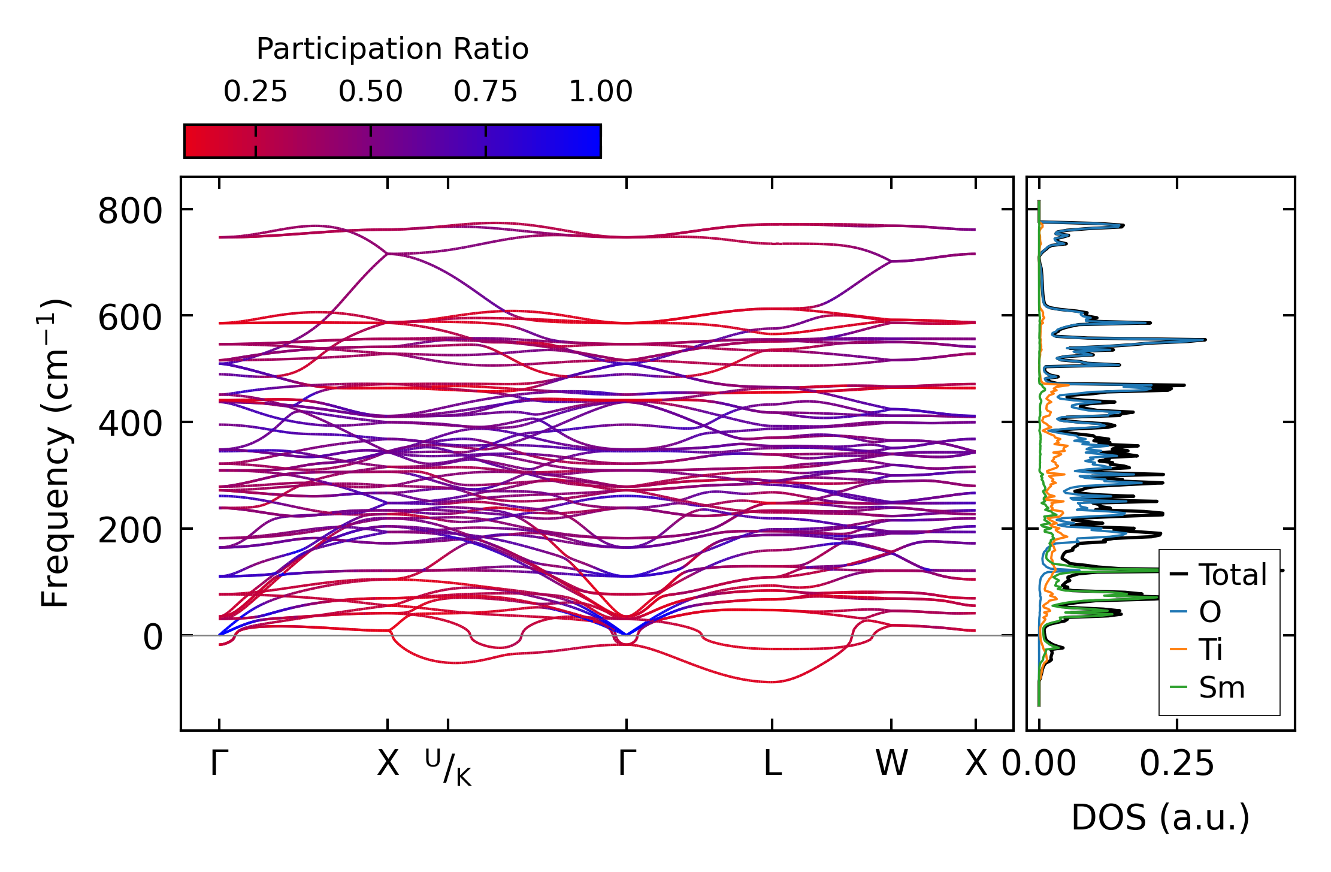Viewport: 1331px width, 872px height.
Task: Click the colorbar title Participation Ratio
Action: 392,49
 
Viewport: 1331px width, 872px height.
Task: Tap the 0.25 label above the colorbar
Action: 255,92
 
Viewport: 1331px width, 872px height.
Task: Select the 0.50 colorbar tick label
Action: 370,92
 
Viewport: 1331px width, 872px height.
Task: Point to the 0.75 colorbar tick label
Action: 485,92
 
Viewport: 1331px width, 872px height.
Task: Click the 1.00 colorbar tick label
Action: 600,92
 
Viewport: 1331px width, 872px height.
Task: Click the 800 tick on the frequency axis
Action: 130,211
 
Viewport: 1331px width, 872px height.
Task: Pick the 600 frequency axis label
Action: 130,318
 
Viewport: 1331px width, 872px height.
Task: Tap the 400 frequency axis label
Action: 130,424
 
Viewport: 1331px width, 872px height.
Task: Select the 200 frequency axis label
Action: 130,530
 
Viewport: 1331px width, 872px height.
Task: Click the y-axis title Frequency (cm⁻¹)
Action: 55,453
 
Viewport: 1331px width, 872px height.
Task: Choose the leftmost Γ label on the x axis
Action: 219,764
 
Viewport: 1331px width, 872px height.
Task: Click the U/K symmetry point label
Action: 448,767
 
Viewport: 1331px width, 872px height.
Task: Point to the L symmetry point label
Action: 772,764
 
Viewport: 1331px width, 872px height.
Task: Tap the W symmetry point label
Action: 891,764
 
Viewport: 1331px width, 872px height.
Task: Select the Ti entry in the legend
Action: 1210,650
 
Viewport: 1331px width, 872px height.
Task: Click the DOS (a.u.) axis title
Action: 1160,817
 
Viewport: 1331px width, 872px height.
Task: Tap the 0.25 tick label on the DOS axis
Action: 1176,764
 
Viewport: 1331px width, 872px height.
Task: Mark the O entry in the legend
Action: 1209,612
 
